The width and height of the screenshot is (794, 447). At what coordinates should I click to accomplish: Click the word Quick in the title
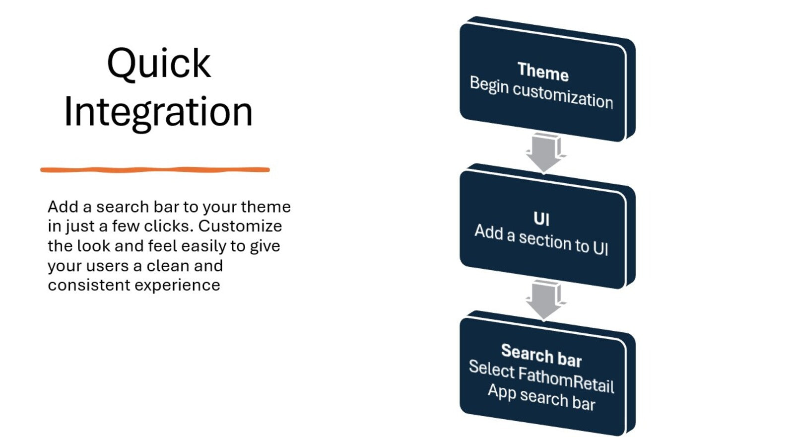159,64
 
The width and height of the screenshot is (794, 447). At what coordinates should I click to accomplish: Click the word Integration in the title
158,113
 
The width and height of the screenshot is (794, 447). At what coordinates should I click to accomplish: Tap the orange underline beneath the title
155,170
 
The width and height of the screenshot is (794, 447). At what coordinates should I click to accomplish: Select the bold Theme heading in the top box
543,72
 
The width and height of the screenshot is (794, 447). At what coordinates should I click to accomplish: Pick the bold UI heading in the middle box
541,219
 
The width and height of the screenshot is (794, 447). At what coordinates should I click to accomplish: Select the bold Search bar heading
541,356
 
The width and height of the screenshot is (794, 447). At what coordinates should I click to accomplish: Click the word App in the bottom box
502,392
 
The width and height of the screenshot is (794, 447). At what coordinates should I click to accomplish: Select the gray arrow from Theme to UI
544,152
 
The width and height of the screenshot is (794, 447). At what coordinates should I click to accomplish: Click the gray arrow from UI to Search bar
544,300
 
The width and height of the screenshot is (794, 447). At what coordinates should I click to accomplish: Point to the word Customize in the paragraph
240,226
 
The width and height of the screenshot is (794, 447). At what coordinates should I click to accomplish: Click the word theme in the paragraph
266,207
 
